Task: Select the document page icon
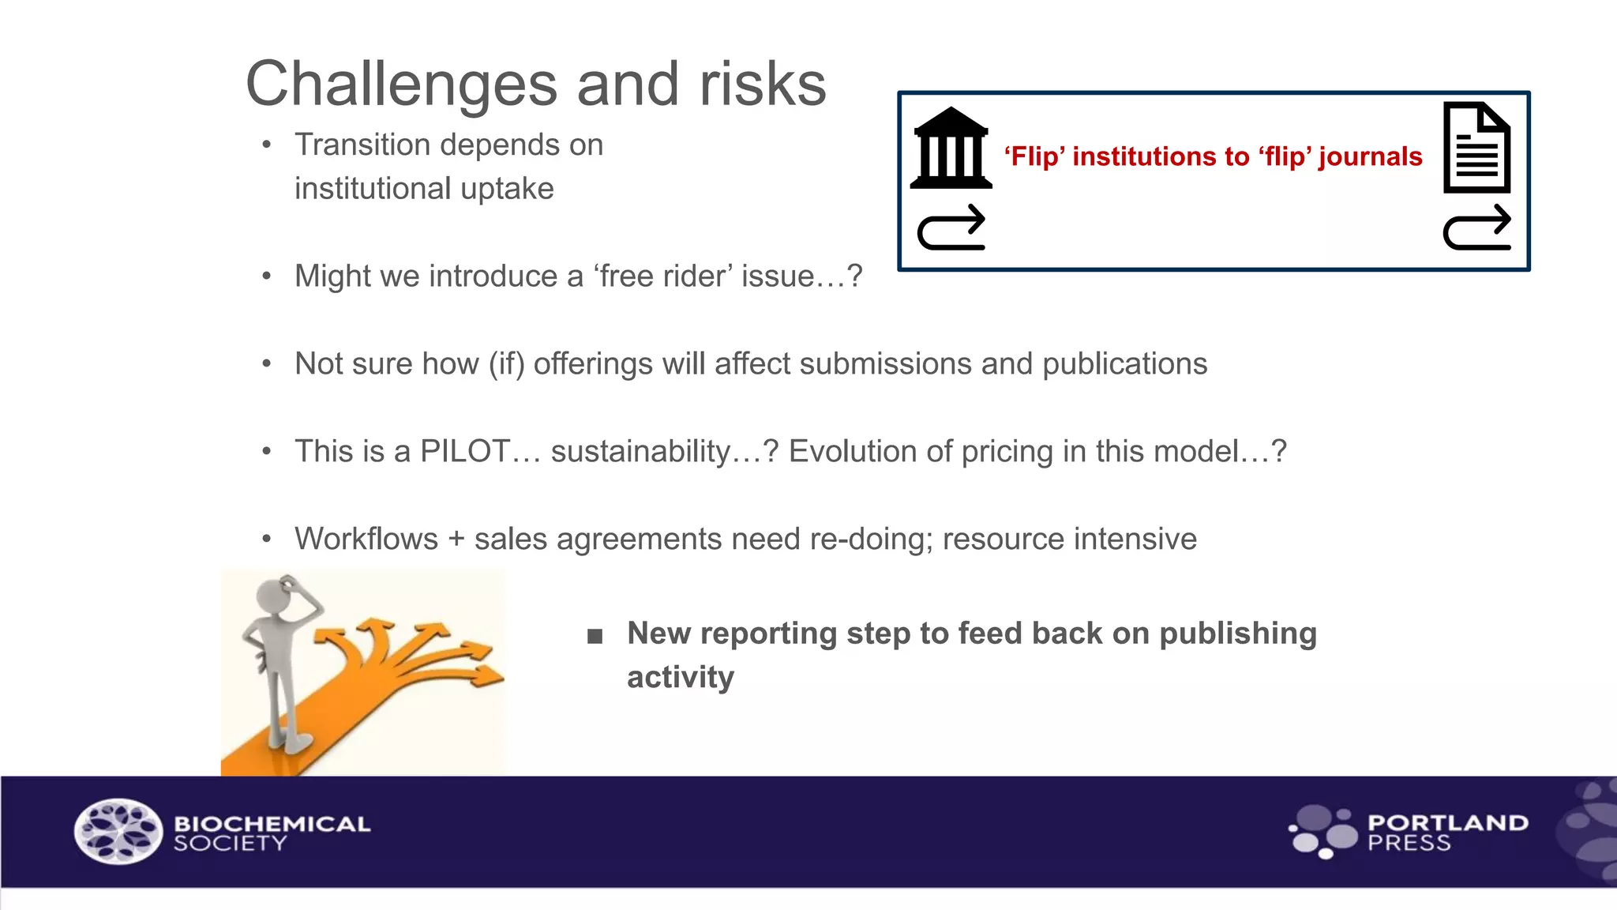(x=1476, y=148)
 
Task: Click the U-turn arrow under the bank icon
(x=951, y=228)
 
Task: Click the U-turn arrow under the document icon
(x=1476, y=228)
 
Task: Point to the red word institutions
(x=1145, y=156)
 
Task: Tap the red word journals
(x=1370, y=156)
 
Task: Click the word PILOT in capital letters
(x=465, y=451)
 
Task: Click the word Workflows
(x=366, y=539)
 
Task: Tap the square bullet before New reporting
(x=595, y=636)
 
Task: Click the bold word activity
(x=680, y=678)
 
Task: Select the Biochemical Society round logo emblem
(x=118, y=831)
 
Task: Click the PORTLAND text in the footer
(x=1447, y=822)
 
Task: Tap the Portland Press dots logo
(x=1323, y=831)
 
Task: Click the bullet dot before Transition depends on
(x=267, y=145)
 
